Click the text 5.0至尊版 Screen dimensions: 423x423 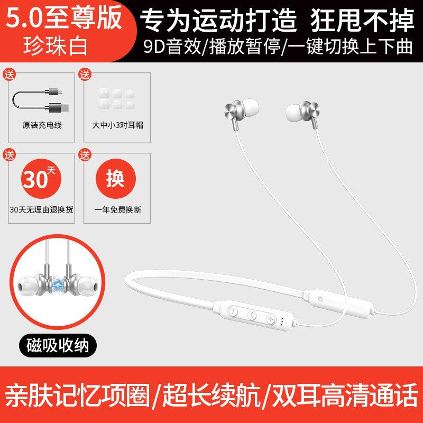click(x=63, y=19)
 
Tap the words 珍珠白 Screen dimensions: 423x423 click(x=56, y=47)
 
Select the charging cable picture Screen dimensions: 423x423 click(x=41, y=100)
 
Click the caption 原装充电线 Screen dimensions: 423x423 click(x=42, y=125)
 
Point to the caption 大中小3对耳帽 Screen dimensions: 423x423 click(x=117, y=125)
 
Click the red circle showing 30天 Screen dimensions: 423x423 click(x=41, y=179)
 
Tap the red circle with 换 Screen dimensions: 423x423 click(x=115, y=179)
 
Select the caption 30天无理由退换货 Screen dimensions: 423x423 click(x=42, y=209)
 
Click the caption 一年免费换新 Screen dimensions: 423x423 click(x=117, y=209)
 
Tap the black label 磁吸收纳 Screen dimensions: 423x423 click(x=58, y=346)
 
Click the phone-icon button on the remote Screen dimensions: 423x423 click(x=252, y=315)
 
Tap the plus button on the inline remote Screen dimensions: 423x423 click(x=271, y=319)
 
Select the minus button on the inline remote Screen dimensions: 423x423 click(x=233, y=311)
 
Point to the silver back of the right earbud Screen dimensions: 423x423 click(x=314, y=111)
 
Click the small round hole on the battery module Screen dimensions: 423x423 click(x=320, y=299)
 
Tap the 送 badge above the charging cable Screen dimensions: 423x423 click(x=10, y=75)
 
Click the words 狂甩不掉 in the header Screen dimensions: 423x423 click(x=362, y=21)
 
